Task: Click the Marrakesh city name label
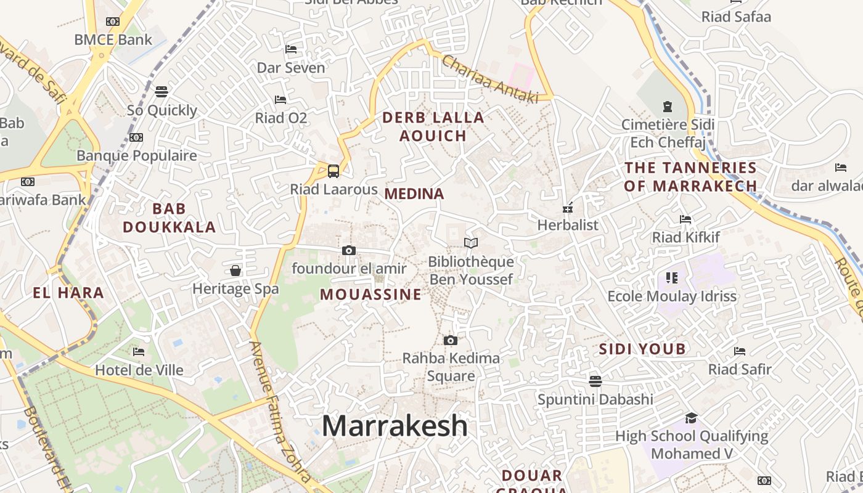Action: tap(395, 426)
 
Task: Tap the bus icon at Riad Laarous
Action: tap(333, 170)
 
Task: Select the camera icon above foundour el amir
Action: tap(349, 250)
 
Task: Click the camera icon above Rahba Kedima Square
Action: tap(451, 340)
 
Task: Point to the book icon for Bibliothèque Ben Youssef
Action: tap(471, 243)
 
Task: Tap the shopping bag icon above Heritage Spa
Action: tap(235, 270)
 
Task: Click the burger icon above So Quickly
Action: tap(162, 92)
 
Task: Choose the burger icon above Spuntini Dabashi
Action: tap(595, 381)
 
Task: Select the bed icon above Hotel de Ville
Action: tap(139, 352)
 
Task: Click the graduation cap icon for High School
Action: tap(691, 418)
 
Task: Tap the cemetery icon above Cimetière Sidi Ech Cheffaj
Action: tap(667, 107)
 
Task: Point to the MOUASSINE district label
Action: tap(370, 295)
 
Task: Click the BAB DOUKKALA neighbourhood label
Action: tap(169, 218)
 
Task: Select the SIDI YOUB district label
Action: tap(642, 349)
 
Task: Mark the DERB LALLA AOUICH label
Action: tap(433, 126)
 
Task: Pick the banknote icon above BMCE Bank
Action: tap(113, 22)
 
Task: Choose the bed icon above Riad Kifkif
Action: tap(685, 219)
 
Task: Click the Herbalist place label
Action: tap(568, 225)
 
